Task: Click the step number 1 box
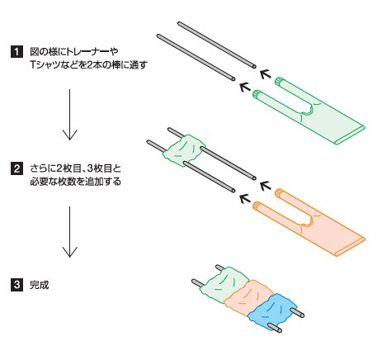[x=17, y=52]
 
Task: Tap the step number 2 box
[x=17, y=168]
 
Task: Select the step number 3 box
[x=17, y=285]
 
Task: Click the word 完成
[x=39, y=285]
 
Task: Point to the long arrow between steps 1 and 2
[x=69, y=115]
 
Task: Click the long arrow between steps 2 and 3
[x=69, y=232]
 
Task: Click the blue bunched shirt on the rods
[x=272, y=311]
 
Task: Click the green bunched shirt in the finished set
[x=225, y=285]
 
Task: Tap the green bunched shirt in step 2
[x=184, y=150]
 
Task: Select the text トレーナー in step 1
[x=88, y=52]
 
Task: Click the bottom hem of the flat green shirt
[x=349, y=135]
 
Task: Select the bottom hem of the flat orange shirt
[x=349, y=247]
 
